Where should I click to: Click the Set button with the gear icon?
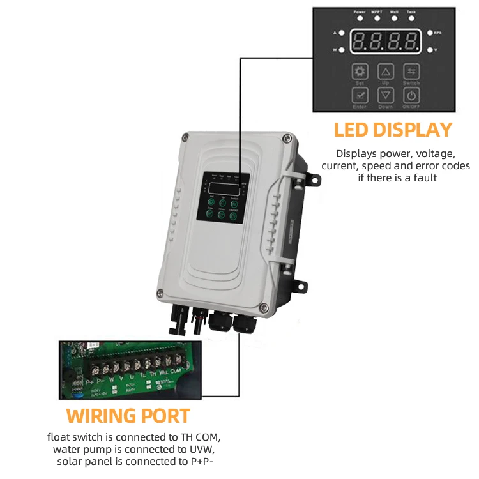[360, 72]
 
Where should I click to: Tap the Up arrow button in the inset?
[386, 72]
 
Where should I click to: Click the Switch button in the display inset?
[411, 72]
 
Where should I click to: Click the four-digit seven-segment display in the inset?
[385, 42]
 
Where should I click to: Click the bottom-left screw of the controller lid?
[160, 294]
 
